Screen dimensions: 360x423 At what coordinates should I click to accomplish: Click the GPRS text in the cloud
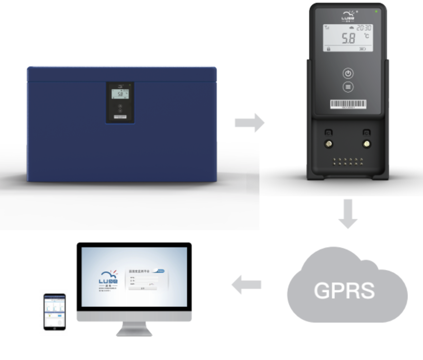pyautogui.click(x=344, y=290)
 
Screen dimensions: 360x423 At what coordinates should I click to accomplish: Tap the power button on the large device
pyautogui.click(x=348, y=73)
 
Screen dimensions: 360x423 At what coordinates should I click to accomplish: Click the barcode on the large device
pyautogui.click(x=348, y=104)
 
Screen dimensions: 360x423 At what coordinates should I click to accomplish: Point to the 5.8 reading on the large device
pyautogui.click(x=348, y=38)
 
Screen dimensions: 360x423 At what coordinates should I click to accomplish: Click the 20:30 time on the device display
pyautogui.click(x=364, y=28)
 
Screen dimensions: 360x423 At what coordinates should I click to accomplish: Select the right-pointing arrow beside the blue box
pyautogui.click(x=249, y=123)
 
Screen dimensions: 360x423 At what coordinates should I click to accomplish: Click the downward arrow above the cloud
pyautogui.click(x=348, y=214)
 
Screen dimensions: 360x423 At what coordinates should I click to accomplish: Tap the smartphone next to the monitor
pyautogui.click(x=55, y=311)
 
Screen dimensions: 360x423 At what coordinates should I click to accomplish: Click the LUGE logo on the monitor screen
pyautogui.click(x=108, y=280)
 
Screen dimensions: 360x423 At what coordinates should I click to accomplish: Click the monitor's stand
pyautogui.click(x=134, y=329)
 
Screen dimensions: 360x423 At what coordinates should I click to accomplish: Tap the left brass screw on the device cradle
pyautogui.click(x=329, y=144)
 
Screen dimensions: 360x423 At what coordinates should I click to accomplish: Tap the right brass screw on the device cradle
pyautogui.click(x=367, y=144)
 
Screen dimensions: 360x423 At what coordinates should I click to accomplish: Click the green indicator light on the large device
pyautogui.click(x=376, y=12)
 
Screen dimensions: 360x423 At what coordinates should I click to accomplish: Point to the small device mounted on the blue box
pyautogui.click(x=120, y=102)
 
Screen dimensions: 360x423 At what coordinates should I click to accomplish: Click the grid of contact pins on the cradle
pyautogui.click(x=348, y=161)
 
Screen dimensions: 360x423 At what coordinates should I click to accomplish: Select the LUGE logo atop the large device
pyautogui.click(x=348, y=16)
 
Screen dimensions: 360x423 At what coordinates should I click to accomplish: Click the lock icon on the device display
pyautogui.click(x=328, y=49)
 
